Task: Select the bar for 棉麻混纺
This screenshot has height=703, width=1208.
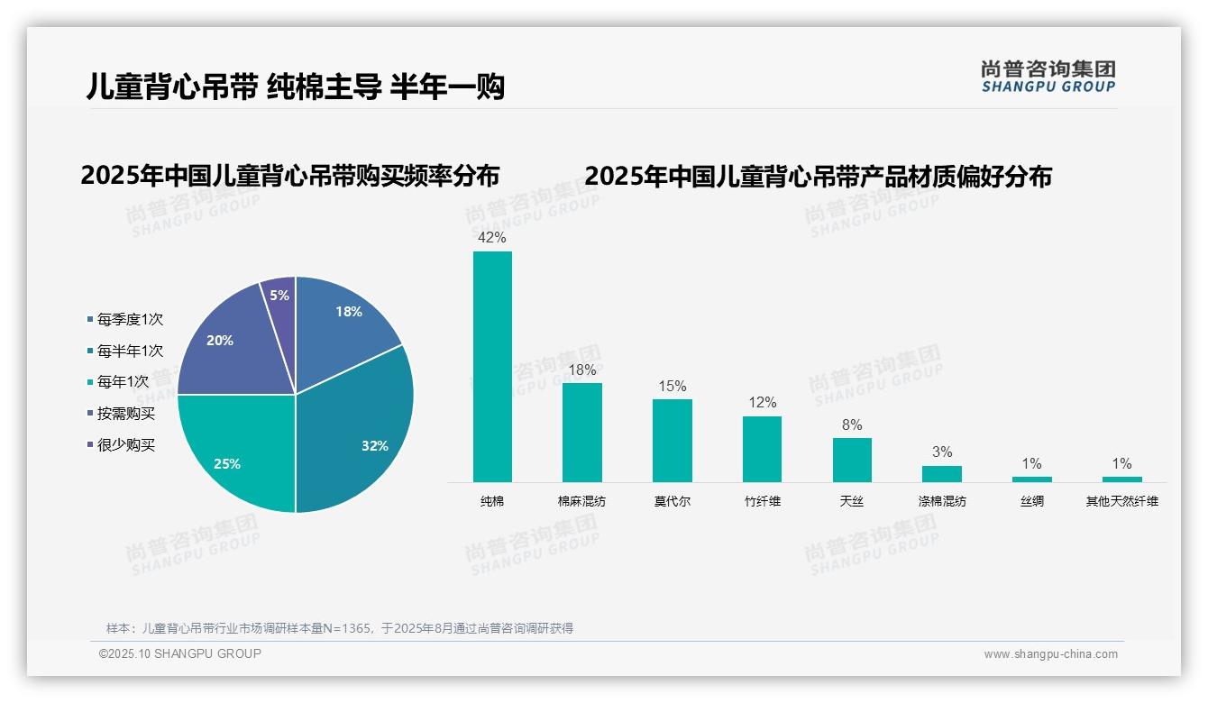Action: (x=582, y=433)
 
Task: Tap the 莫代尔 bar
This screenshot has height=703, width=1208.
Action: (x=673, y=441)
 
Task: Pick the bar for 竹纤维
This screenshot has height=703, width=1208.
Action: (x=762, y=449)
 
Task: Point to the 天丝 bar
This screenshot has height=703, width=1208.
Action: (x=852, y=460)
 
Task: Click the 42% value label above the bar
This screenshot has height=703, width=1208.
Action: (x=492, y=238)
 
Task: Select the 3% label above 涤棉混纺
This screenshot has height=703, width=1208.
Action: (x=942, y=452)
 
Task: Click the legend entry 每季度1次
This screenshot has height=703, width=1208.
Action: (x=130, y=319)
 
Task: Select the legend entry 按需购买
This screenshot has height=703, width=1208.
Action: (x=126, y=414)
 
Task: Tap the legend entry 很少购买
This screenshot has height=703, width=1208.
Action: (x=126, y=445)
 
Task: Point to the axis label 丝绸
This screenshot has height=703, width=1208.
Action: (x=1032, y=501)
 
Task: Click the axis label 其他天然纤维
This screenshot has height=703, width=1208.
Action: (x=1121, y=501)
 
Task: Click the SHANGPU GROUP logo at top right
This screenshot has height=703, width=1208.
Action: (x=1048, y=76)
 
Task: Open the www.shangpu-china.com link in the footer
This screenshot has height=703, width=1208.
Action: (x=1050, y=654)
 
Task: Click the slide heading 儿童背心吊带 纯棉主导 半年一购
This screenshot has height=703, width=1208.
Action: (x=295, y=87)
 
